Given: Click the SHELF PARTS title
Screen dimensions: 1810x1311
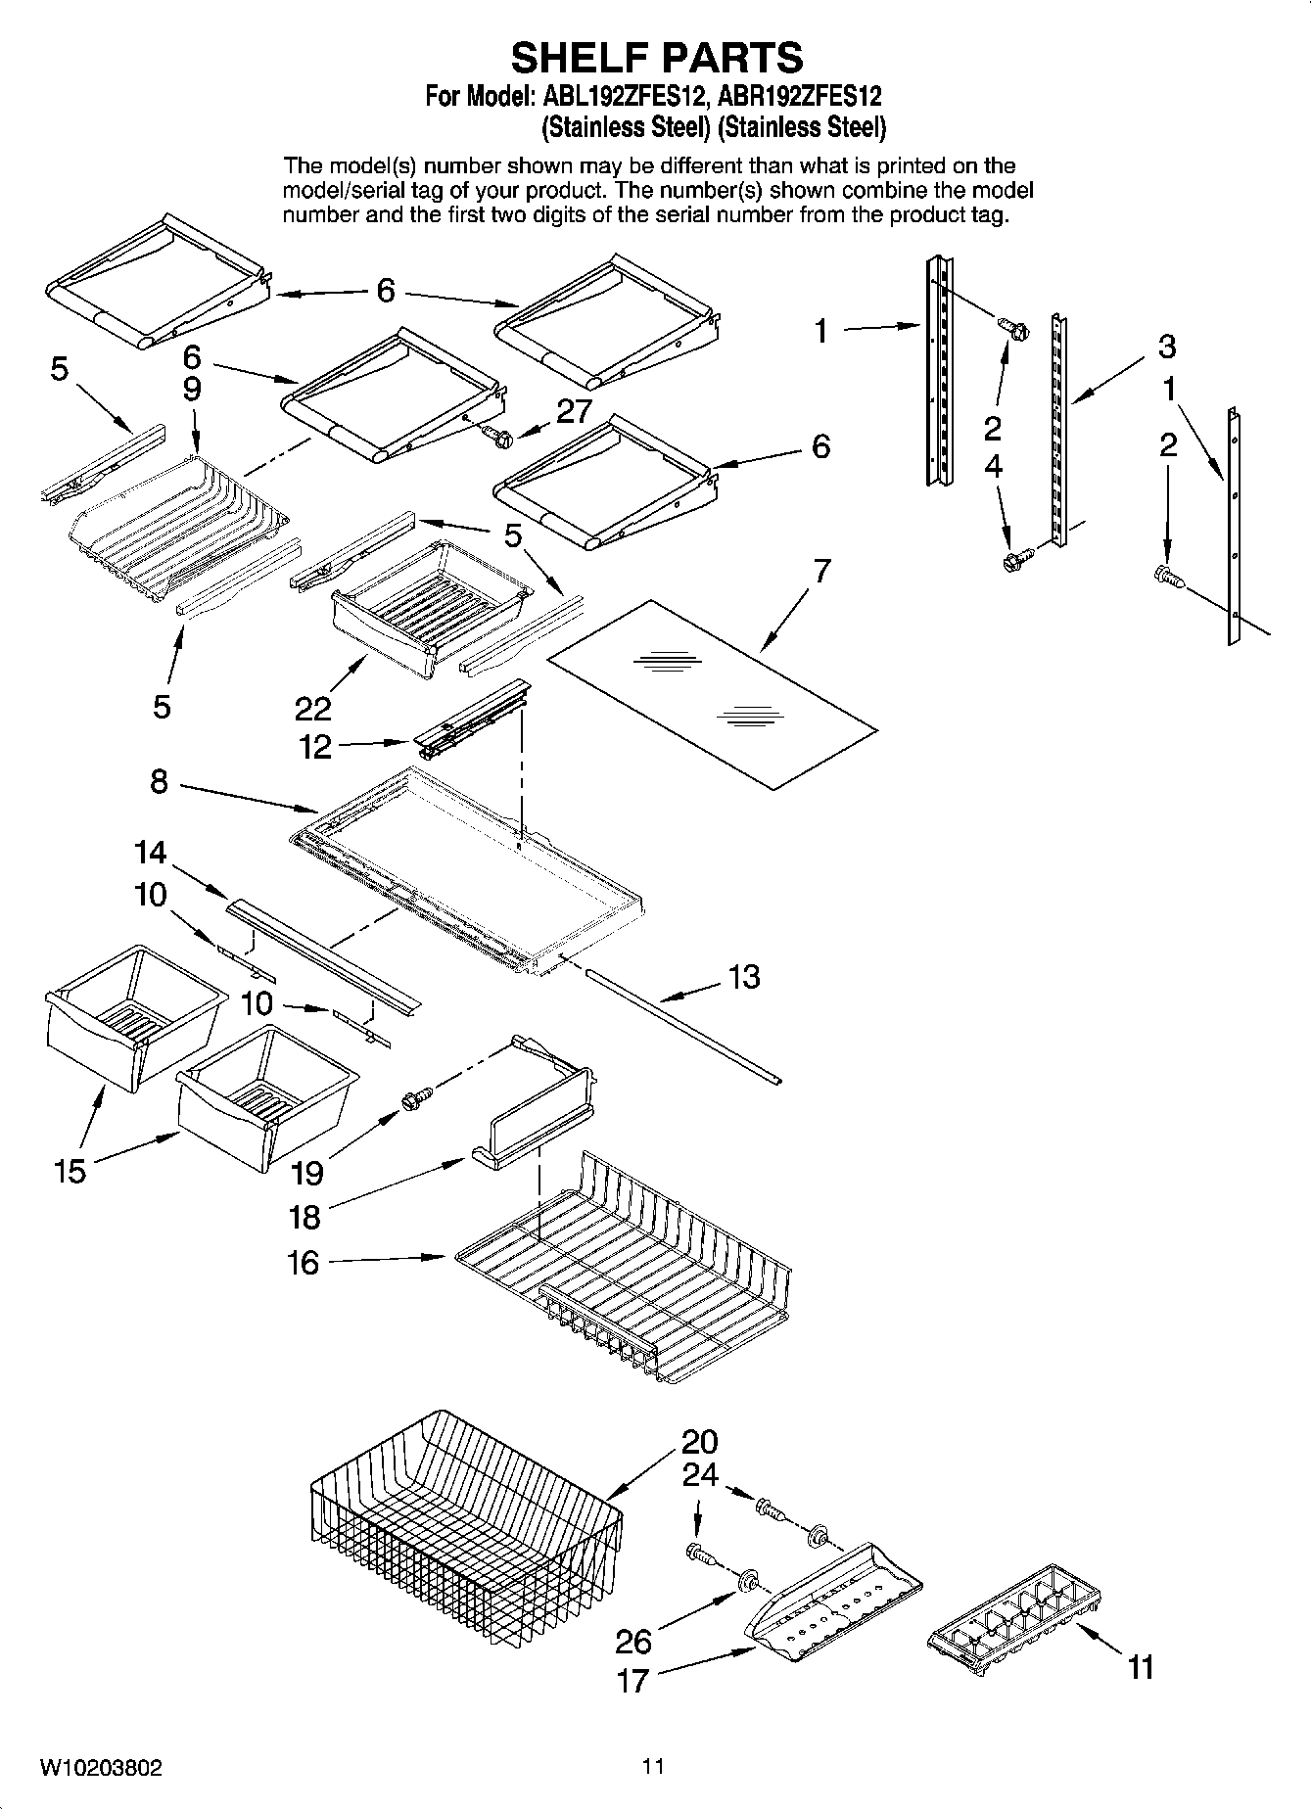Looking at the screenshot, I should [656, 58].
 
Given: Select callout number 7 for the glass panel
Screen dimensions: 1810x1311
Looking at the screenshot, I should [821, 571].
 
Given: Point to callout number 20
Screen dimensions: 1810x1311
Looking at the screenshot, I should [700, 1442].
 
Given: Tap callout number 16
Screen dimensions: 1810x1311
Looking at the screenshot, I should [304, 1263].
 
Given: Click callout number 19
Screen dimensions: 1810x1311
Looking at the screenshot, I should [308, 1172].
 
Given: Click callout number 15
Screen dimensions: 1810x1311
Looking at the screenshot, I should [70, 1171].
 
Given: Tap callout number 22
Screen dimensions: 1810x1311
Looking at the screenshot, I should [312, 707].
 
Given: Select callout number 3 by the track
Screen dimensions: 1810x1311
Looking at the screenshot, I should [1166, 347].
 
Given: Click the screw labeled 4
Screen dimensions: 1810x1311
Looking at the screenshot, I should [1012, 561].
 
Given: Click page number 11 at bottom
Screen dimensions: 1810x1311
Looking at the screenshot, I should [653, 1766].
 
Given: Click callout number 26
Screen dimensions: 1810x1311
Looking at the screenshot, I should [633, 1640].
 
